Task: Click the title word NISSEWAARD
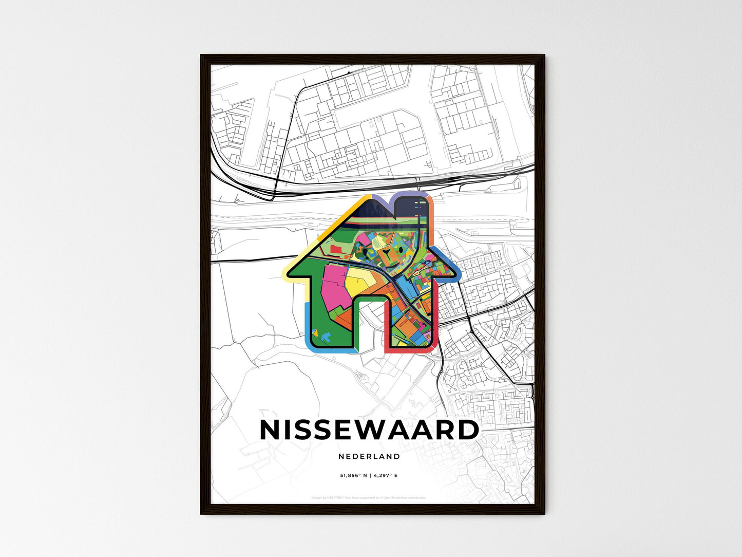(x=369, y=431)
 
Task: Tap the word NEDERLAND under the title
(x=369, y=456)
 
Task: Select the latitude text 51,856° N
(x=354, y=476)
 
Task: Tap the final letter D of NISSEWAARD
(x=468, y=431)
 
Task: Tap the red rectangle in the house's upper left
(x=336, y=249)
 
